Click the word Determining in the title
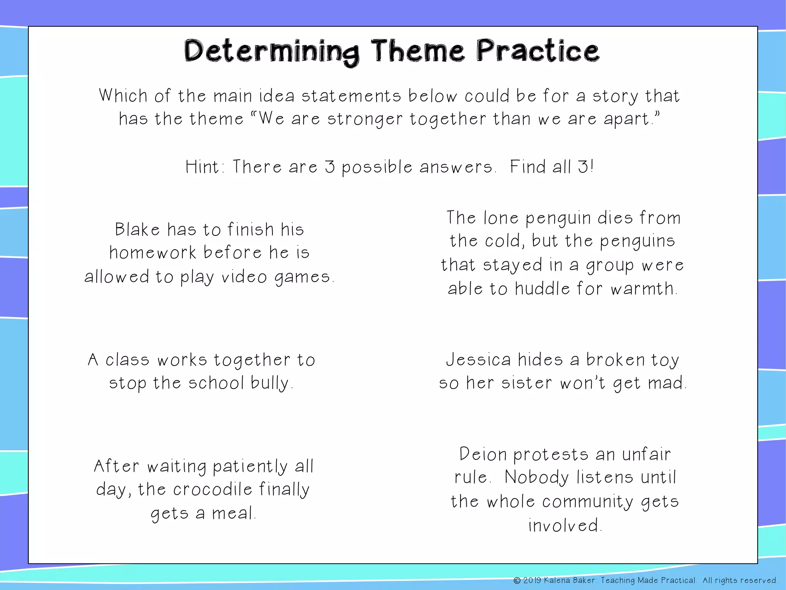(x=271, y=52)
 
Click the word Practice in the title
(x=537, y=51)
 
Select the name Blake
(x=137, y=230)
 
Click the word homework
(x=153, y=253)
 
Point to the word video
(x=244, y=277)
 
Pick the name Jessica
(x=478, y=360)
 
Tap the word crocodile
(x=213, y=489)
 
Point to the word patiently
(x=250, y=467)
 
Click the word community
(x=588, y=502)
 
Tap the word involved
(x=563, y=525)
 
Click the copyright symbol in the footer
(x=517, y=580)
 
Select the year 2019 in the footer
(x=532, y=580)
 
